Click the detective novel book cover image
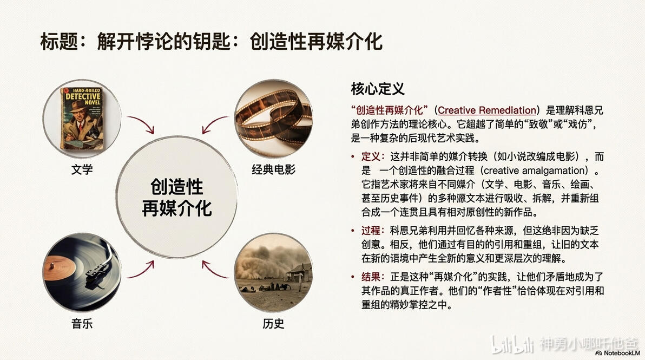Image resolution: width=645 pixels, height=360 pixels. click(82, 119)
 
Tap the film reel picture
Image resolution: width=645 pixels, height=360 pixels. click(274, 119)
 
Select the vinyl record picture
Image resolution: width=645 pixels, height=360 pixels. click(82, 272)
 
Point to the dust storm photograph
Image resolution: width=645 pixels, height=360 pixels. click(274, 272)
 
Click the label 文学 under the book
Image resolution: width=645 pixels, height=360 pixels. click(82, 169)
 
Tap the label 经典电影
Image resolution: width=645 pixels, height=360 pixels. click(274, 169)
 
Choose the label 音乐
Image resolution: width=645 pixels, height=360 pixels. click(82, 324)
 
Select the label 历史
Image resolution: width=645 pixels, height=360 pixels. click(274, 324)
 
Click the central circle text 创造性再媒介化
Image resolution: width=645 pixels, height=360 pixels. click(177, 198)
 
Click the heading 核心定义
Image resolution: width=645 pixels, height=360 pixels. click(378, 89)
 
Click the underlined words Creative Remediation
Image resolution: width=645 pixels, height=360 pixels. click(487, 110)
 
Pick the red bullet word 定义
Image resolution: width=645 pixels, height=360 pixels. click(372, 156)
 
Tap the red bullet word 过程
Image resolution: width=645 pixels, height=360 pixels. click(372, 231)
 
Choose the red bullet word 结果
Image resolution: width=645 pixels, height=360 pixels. click(372, 277)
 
